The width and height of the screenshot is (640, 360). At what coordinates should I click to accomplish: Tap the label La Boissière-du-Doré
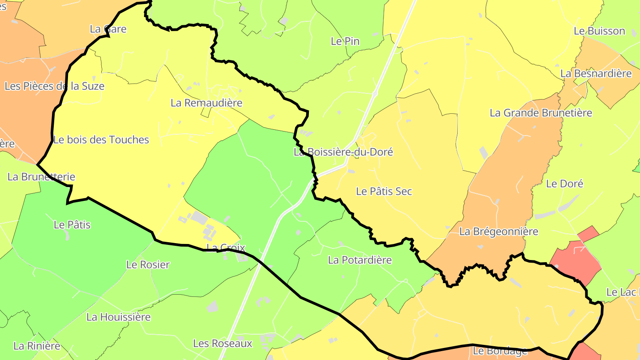pyautogui.click(x=343, y=152)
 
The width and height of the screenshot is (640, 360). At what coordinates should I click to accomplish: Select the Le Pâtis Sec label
pyautogui.click(x=384, y=191)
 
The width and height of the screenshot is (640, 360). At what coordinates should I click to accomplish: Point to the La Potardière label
pyautogui.click(x=360, y=260)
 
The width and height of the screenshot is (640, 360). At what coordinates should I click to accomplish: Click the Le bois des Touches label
pyautogui.click(x=101, y=140)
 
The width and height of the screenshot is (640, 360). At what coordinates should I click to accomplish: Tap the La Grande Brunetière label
pyautogui.click(x=540, y=113)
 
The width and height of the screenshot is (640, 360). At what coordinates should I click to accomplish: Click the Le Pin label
pyautogui.click(x=345, y=41)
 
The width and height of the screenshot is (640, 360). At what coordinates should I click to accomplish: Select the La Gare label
pyautogui.click(x=108, y=29)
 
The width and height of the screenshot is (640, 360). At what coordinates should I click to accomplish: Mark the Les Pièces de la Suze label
pyautogui.click(x=54, y=86)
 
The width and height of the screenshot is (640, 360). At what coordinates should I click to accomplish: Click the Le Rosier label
pyautogui.click(x=148, y=265)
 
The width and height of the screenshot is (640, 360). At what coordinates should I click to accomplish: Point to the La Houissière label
pyautogui.click(x=118, y=317)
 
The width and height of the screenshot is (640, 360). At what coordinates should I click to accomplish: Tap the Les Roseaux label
pyautogui.click(x=222, y=344)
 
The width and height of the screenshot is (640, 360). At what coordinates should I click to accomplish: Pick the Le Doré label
pyautogui.click(x=564, y=184)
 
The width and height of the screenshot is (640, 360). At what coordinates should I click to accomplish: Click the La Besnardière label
pyautogui.click(x=596, y=74)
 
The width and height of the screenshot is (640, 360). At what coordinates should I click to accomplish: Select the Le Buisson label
pyautogui.click(x=599, y=31)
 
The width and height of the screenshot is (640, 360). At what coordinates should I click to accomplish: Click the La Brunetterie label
pyautogui.click(x=41, y=177)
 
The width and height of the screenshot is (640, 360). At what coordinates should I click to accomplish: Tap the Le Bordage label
pyautogui.click(x=500, y=351)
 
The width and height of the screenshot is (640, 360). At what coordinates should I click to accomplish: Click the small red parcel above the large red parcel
pyautogui.click(x=588, y=233)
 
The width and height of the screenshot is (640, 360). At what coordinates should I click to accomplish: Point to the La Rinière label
pyautogui.click(x=36, y=346)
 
